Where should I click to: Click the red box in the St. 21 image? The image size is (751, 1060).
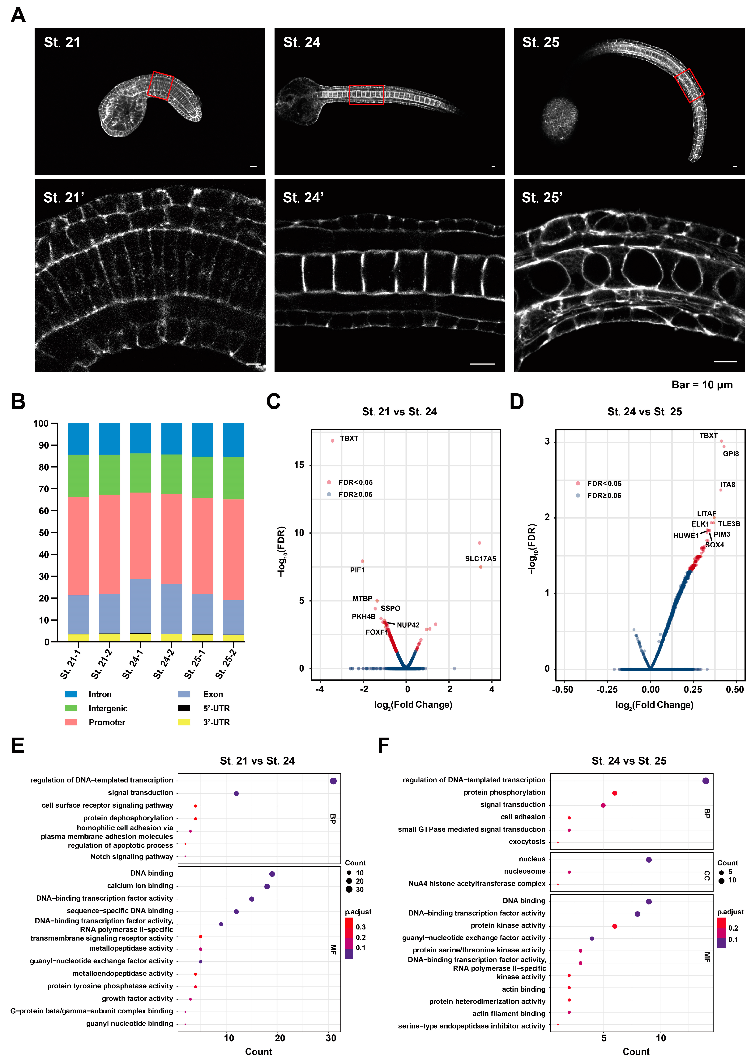(160, 86)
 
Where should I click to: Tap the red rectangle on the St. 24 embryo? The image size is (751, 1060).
(366, 95)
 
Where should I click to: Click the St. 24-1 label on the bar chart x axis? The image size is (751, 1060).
(133, 664)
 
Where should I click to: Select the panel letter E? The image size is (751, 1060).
(18, 746)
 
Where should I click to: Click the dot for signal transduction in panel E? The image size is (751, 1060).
(236, 794)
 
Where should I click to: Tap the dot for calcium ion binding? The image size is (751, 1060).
(267, 886)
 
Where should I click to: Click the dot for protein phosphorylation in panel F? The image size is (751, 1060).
(615, 793)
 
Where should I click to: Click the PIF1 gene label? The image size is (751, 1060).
(357, 570)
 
